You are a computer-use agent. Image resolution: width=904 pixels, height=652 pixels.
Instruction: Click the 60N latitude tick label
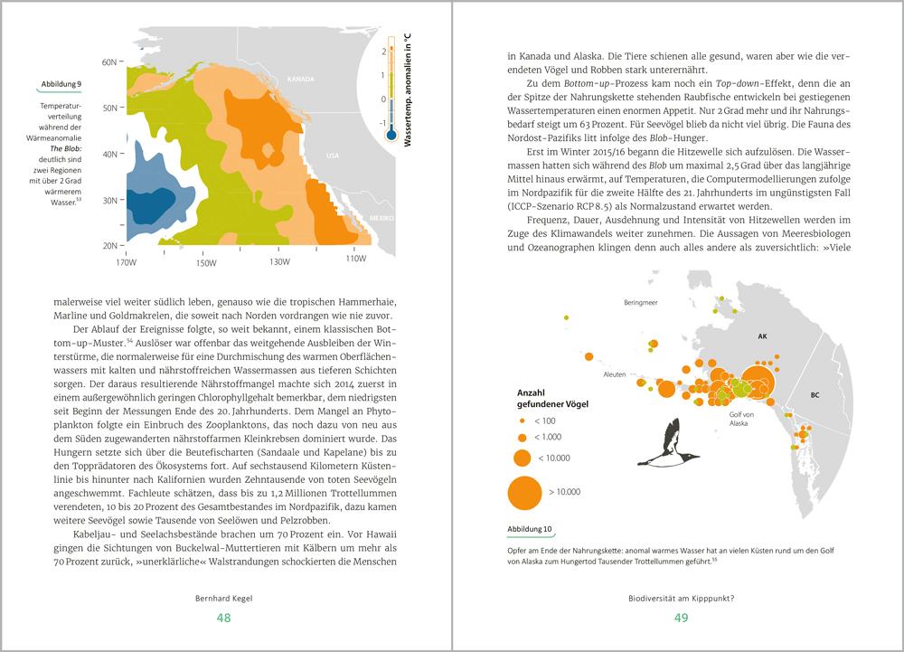(110, 61)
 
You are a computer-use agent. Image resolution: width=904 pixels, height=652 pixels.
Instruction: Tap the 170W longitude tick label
(127, 262)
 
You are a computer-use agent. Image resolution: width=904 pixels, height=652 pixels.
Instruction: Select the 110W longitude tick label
(356, 260)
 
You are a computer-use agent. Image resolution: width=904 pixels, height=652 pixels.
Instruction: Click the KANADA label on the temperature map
(300, 79)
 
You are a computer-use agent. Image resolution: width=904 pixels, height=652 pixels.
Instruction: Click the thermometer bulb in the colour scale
(391, 134)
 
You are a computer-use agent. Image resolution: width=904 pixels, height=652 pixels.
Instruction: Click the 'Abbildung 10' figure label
(537, 529)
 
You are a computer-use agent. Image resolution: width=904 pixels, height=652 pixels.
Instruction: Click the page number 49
(681, 618)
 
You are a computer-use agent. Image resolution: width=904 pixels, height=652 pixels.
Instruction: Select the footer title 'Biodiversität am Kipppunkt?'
(681, 598)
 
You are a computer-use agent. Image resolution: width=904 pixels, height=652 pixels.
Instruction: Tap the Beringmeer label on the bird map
(640, 304)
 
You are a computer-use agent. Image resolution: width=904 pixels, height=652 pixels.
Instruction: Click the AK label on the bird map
(762, 335)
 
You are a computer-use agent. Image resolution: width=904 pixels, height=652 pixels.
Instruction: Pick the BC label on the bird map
(815, 395)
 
